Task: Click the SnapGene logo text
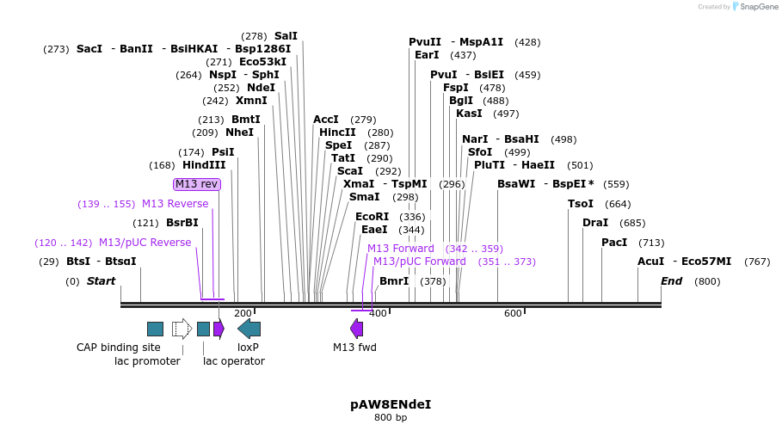click(x=755, y=7)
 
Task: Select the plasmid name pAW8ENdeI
click(x=391, y=403)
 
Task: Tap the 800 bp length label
click(x=391, y=418)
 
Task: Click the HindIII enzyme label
click(x=204, y=165)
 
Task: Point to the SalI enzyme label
click(x=286, y=36)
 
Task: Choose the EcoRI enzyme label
click(x=373, y=217)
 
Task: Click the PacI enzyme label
click(x=614, y=243)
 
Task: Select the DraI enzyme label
click(x=595, y=223)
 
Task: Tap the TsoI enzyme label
click(x=581, y=204)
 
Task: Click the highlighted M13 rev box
click(x=197, y=184)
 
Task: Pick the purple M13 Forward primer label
click(x=401, y=249)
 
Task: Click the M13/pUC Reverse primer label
click(x=145, y=243)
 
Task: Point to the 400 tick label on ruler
click(x=378, y=314)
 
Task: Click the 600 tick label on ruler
click(x=513, y=314)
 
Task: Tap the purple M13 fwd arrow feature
click(x=356, y=329)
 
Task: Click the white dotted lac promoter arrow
click(x=182, y=329)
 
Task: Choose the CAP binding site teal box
click(x=155, y=329)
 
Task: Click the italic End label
click(x=671, y=281)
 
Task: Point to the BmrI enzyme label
click(x=394, y=281)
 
